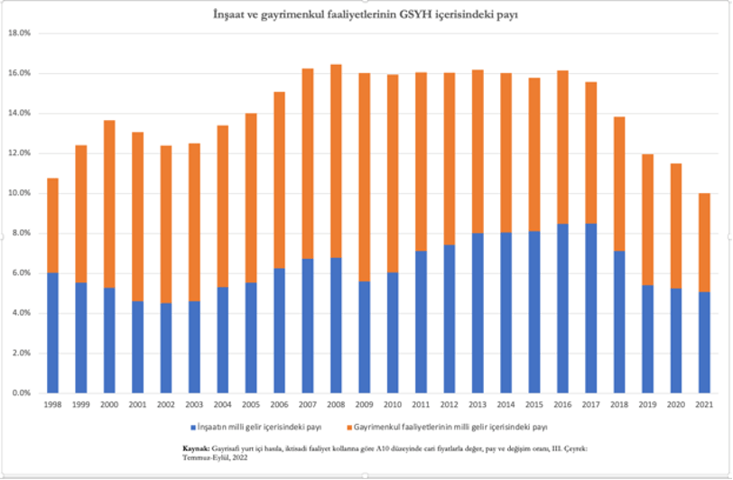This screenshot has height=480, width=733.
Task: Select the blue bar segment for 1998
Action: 53,333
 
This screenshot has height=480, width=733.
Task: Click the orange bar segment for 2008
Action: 336,162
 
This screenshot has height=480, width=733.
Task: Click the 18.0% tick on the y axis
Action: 19,32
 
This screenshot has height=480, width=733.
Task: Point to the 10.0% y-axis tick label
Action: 19,193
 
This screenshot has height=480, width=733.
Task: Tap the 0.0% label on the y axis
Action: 21,393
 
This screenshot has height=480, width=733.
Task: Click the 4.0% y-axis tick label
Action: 21,313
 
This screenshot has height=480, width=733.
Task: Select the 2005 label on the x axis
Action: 251,406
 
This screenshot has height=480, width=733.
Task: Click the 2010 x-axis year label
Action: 393,406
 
